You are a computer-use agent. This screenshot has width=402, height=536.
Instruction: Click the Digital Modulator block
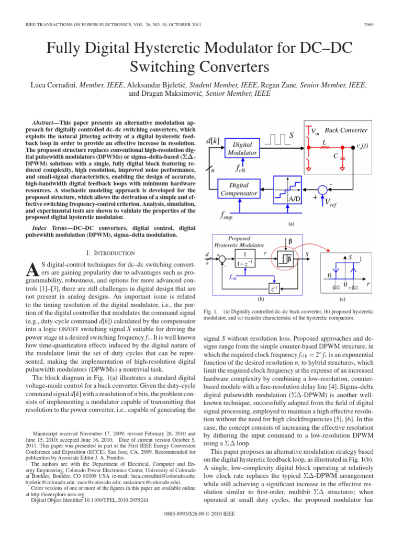[242, 148]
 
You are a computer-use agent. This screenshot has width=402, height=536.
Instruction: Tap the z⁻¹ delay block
[274, 288]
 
